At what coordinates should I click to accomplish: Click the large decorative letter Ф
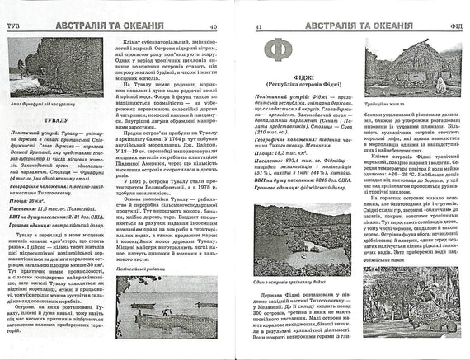[x=276, y=48]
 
